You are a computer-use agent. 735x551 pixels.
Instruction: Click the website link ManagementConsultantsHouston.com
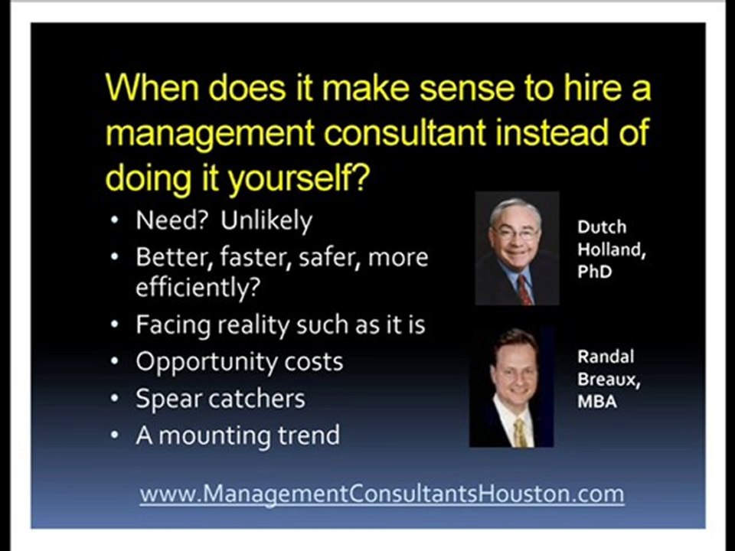point(381,494)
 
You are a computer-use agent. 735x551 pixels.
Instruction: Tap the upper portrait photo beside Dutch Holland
point(517,249)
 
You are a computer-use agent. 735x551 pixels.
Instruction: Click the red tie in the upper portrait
point(524,289)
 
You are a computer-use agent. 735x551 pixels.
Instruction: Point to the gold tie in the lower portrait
point(520,432)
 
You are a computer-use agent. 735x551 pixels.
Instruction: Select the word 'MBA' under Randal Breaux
point(596,401)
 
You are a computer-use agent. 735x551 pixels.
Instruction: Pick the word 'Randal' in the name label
point(606,357)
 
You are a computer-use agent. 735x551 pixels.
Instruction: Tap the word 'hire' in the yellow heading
point(585,89)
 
